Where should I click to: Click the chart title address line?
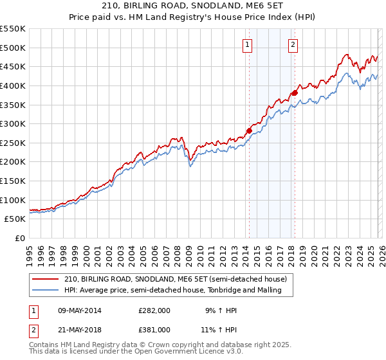click(x=192, y=6)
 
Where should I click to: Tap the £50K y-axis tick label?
click(x=15, y=219)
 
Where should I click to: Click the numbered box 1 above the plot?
click(x=248, y=44)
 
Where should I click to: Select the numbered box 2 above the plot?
click(x=293, y=44)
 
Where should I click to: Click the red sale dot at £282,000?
click(x=249, y=130)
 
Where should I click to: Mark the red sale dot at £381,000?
click(x=295, y=93)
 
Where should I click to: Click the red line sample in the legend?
click(x=46, y=279)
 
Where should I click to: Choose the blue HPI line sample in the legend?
click(x=46, y=291)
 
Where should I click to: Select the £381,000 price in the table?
click(x=154, y=329)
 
